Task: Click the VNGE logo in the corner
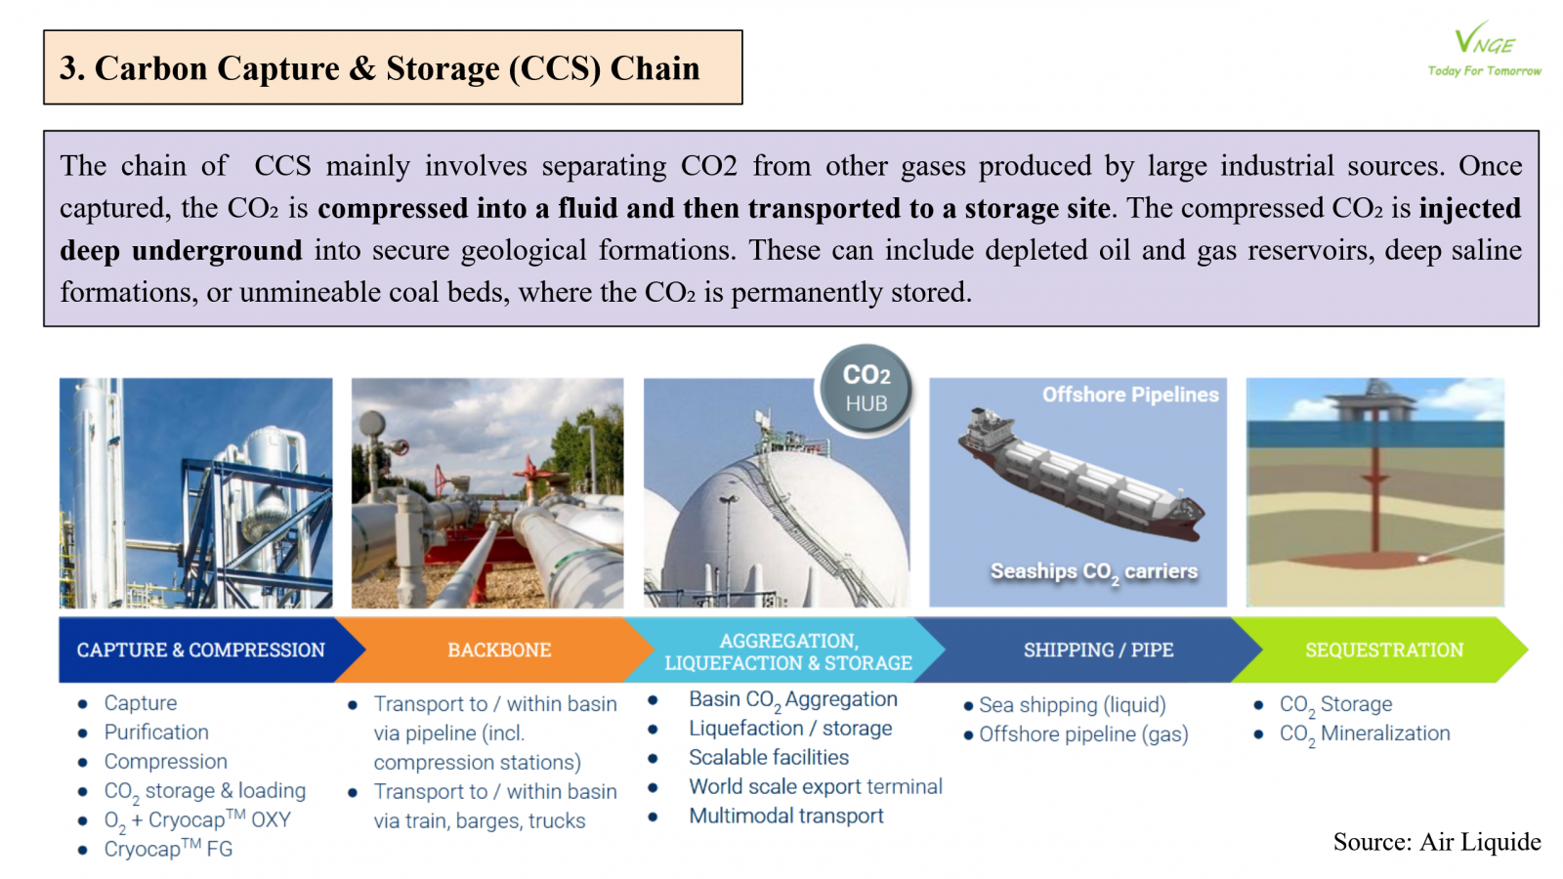[1485, 49]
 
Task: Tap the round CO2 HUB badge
[866, 390]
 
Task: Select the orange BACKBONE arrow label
[499, 650]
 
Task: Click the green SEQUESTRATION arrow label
[1384, 650]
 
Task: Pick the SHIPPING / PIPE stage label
[1098, 650]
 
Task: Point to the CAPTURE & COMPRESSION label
[201, 650]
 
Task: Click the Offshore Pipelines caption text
[1130, 395]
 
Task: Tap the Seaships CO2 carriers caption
[1094, 572]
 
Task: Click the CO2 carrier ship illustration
[1080, 475]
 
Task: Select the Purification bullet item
[156, 732]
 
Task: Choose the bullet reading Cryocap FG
[168, 849]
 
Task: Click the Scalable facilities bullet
[769, 757]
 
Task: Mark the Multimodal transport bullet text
[786, 816]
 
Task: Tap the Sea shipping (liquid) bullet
[1073, 705]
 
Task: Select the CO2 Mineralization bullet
[1365, 734]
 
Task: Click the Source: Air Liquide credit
[1437, 841]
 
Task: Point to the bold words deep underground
[181, 250]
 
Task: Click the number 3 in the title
[68, 68]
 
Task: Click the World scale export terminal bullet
[816, 786]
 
